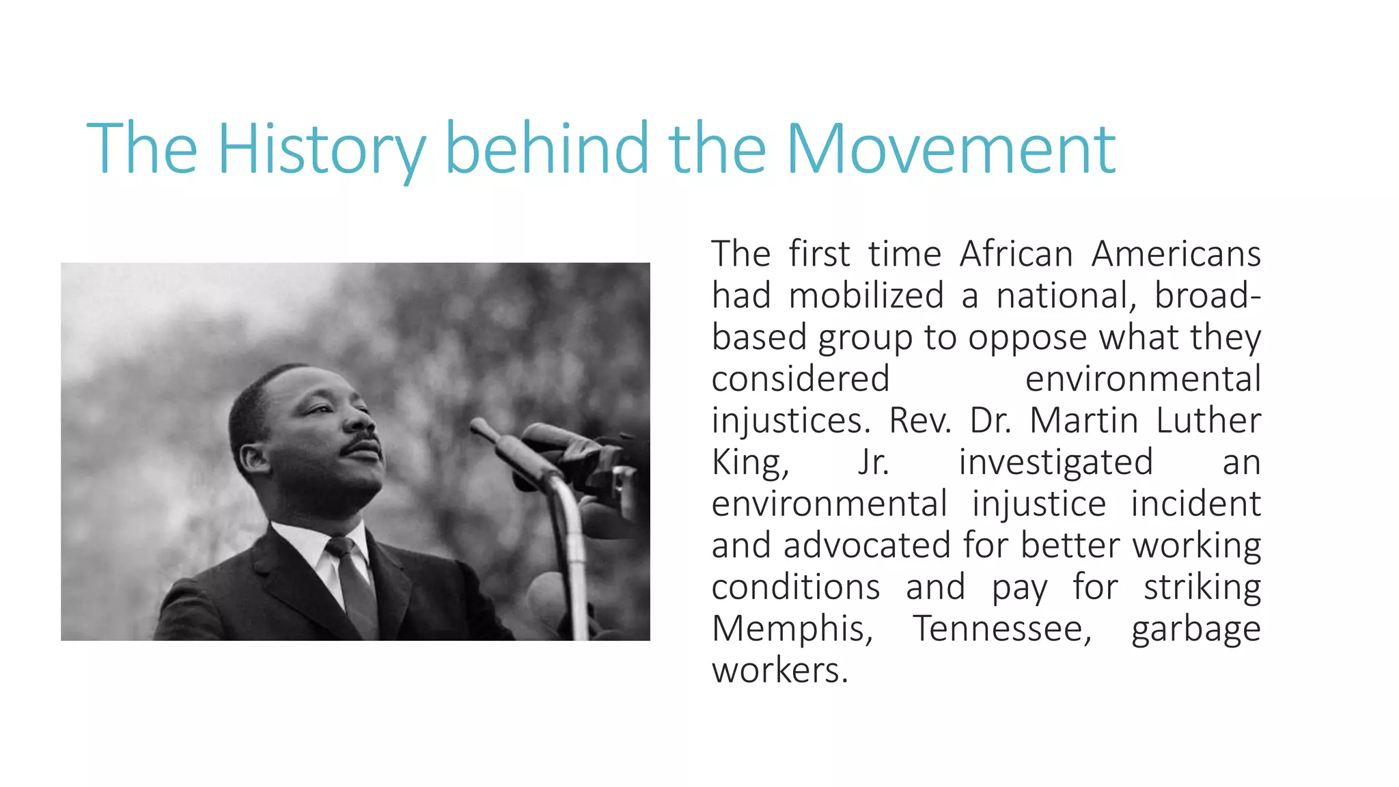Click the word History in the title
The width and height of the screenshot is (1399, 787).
(x=321, y=149)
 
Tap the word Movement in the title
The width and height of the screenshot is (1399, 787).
(x=950, y=149)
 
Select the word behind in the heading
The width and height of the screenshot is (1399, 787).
(x=547, y=149)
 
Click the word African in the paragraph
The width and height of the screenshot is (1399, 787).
(x=1016, y=254)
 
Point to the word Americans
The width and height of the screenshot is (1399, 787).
(x=1176, y=254)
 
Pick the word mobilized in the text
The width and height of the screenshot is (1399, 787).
(x=866, y=296)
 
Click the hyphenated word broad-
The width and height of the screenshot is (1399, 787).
(x=1207, y=296)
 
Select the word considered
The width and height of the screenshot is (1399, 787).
(x=801, y=379)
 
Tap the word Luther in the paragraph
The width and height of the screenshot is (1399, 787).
(x=1208, y=421)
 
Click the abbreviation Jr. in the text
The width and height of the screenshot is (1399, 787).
(x=874, y=462)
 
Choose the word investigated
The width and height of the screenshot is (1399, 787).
(x=1056, y=462)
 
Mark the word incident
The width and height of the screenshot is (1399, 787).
(x=1195, y=504)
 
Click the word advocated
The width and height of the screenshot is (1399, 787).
(x=867, y=546)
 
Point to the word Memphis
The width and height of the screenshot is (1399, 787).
(x=792, y=629)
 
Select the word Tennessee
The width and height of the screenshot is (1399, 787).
(x=1003, y=629)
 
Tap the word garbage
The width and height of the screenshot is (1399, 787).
(x=1195, y=629)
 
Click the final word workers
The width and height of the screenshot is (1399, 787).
(x=779, y=671)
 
